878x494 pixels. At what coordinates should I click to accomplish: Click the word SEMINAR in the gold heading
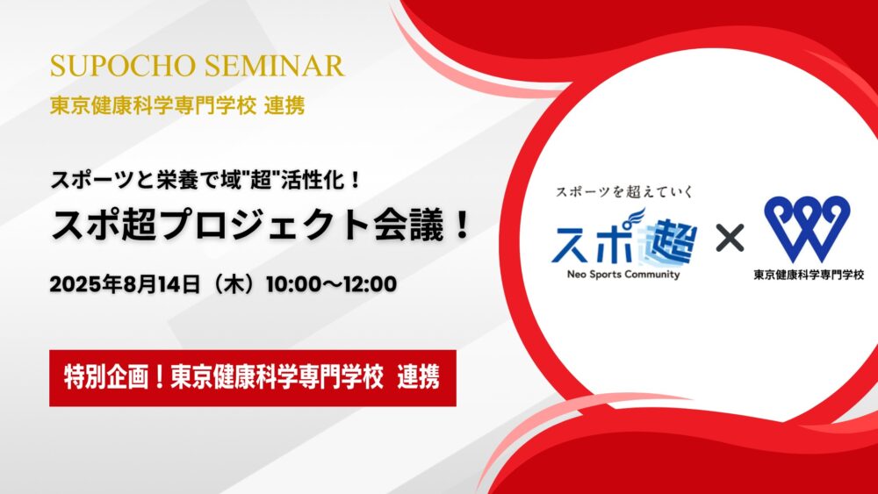(274, 66)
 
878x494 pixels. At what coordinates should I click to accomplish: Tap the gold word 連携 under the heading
(284, 105)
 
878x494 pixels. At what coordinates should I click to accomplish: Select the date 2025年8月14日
(125, 284)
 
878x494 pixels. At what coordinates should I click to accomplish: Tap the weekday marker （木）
(233, 284)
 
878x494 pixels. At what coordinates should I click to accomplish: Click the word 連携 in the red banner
(418, 377)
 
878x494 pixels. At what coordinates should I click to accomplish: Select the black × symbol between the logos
(730, 238)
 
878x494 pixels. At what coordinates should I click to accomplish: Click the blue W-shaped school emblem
(807, 228)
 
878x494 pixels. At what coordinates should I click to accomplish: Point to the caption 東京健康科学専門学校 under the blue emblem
(809, 275)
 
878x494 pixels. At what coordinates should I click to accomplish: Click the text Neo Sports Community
(623, 274)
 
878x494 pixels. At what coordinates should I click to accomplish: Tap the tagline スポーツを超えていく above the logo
(624, 192)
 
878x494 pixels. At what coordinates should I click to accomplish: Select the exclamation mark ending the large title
(463, 226)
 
